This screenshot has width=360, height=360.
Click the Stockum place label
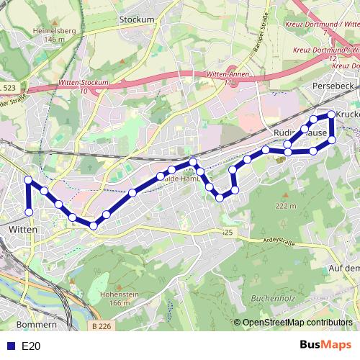click(139, 19)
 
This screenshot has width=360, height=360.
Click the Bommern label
click(30, 325)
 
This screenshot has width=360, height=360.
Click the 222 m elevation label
click(285, 206)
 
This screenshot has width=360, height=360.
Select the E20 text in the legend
click(31, 346)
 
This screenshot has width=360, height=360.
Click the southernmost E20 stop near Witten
click(30, 212)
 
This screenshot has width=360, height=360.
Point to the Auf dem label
click(343, 268)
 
